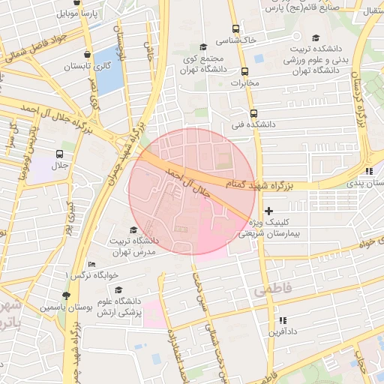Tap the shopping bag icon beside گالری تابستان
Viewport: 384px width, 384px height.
tap(89, 54)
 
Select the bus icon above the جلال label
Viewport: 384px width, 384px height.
tap(58, 153)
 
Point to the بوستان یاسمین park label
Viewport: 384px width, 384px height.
tap(67, 307)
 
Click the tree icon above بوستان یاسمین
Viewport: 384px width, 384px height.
tap(67, 295)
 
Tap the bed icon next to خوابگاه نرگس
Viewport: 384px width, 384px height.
tap(91, 264)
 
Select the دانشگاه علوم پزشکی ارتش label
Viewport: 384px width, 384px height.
tap(121, 307)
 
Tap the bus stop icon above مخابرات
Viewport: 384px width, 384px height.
tap(244, 72)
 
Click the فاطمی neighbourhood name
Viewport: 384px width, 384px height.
tap(271, 289)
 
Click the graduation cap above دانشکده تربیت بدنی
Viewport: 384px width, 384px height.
tap(316, 39)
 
